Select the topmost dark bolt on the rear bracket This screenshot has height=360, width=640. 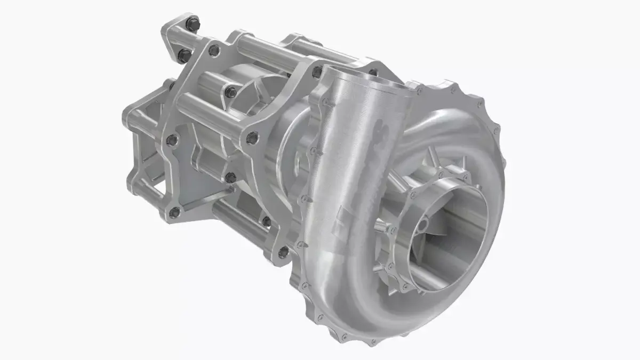pos(193,24)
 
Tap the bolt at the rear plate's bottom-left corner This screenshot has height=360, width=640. pos(174,214)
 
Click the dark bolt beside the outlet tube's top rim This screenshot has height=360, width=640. pos(318,71)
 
